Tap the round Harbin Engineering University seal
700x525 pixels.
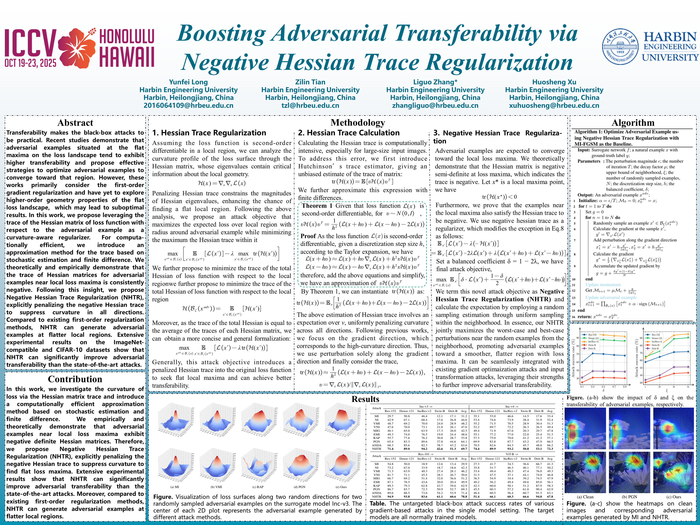click(x=620, y=47)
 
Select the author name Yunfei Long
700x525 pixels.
click(x=188, y=82)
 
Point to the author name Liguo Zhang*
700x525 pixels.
click(x=435, y=82)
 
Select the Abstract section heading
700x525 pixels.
click(x=75, y=123)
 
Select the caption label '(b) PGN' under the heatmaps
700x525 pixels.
click(x=629, y=497)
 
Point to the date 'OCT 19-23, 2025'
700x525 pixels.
click(x=30, y=63)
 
